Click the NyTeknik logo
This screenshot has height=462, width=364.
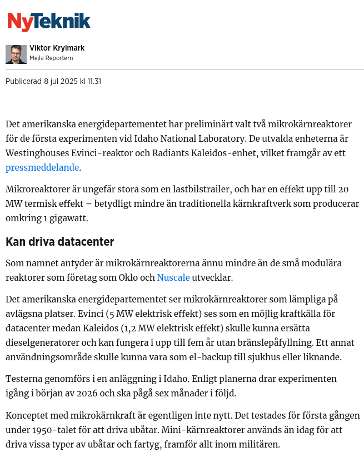click(48, 22)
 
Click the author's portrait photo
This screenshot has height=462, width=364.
click(16, 54)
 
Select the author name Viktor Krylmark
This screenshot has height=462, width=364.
click(57, 48)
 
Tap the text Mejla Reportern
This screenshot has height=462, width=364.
click(51, 58)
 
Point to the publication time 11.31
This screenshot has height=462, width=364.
click(94, 82)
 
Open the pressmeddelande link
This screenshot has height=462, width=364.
click(42, 167)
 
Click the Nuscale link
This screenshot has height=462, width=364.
click(173, 277)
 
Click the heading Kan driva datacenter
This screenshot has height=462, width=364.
click(59, 242)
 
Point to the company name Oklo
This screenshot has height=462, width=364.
click(143, 277)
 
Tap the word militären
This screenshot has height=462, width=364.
click(260, 444)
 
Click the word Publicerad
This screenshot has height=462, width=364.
click(23, 82)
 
